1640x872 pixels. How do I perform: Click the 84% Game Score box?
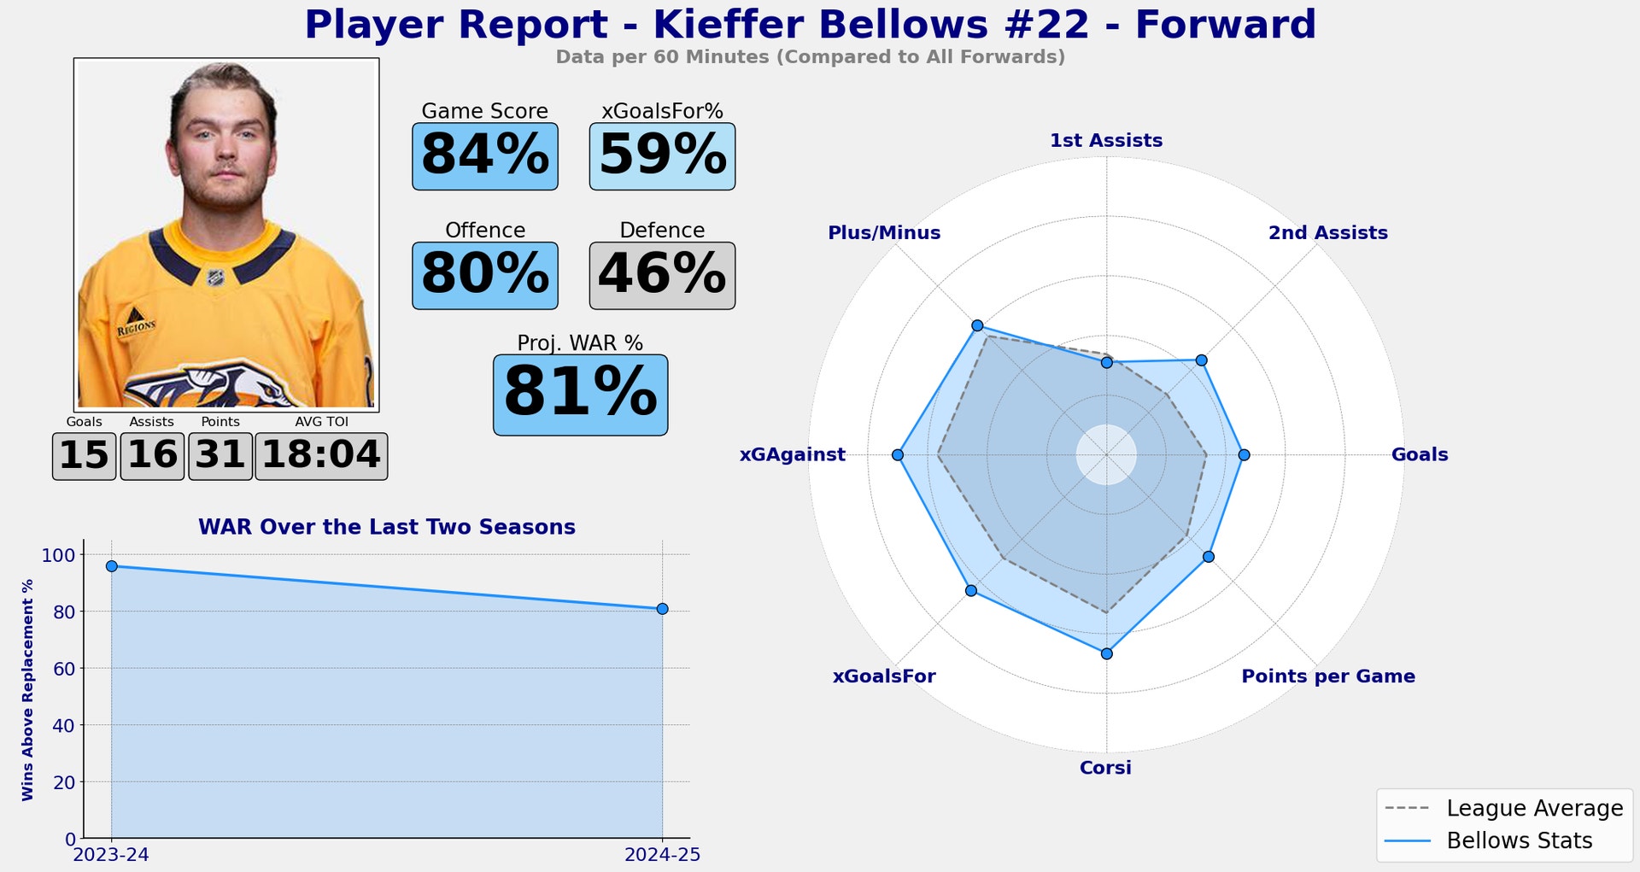[x=484, y=156]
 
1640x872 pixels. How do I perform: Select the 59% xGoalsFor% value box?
[x=662, y=156]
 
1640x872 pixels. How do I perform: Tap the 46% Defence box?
[x=662, y=276]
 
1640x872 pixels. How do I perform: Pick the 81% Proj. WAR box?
[x=580, y=395]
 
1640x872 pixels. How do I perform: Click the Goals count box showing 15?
[x=84, y=456]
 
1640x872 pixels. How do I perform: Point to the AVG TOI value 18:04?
[x=321, y=456]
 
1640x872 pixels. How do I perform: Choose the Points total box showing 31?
[x=220, y=456]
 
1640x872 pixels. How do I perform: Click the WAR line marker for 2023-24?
[x=112, y=566]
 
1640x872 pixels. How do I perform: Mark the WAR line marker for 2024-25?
[x=662, y=609]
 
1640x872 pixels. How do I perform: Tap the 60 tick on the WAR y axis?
[x=64, y=669]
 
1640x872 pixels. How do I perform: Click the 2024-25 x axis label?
[x=662, y=855]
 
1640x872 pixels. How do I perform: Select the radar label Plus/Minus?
[x=884, y=233]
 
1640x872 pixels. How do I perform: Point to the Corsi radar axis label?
[x=1105, y=768]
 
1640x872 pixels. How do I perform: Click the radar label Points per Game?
[x=1327, y=676]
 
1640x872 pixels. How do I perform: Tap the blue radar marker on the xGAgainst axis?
[x=897, y=455]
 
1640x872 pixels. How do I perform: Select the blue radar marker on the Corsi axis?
[x=1107, y=653]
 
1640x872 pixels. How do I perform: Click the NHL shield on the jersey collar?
[x=216, y=278]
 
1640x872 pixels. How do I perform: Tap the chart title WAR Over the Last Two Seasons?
[x=386, y=527]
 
